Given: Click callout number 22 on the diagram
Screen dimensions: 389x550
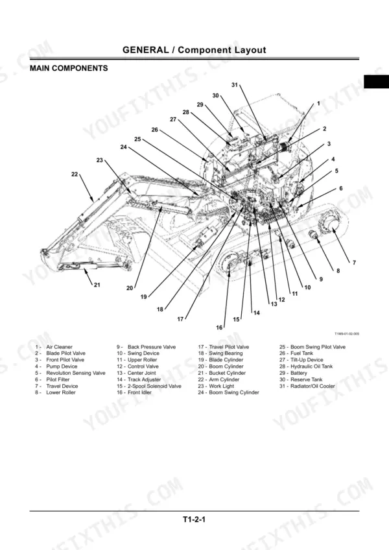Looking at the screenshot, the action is (x=75, y=174).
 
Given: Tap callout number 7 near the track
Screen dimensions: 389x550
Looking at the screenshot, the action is (x=354, y=263).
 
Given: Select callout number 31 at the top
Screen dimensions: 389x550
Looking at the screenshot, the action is (x=235, y=84).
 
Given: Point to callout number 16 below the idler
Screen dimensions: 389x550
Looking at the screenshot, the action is (x=219, y=328).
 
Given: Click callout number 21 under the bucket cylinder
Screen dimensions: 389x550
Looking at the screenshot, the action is (x=97, y=285).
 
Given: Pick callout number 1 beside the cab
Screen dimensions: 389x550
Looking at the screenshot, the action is (x=318, y=104).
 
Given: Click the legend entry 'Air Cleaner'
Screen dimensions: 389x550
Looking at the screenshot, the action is (x=59, y=347).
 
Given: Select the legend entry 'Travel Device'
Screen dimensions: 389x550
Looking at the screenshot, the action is (x=62, y=386).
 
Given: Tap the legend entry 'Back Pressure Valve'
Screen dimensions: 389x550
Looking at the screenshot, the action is (x=152, y=347).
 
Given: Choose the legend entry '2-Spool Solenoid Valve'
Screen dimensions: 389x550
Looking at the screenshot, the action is (x=154, y=386).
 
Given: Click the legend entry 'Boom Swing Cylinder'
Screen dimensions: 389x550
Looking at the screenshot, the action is (x=234, y=392).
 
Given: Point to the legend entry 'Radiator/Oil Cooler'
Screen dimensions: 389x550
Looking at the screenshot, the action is (x=312, y=386).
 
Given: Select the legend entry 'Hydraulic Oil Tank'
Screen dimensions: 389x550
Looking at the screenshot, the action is (x=311, y=366).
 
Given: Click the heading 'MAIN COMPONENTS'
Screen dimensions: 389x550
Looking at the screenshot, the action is (x=69, y=68).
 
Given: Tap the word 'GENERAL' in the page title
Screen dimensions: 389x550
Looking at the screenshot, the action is (x=146, y=50).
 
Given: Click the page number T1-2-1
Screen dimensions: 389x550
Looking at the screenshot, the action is (x=194, y=519).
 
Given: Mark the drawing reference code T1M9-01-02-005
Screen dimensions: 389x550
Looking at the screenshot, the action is (x=347, y=334).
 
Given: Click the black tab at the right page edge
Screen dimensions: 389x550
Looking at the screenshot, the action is (x=377, y=81).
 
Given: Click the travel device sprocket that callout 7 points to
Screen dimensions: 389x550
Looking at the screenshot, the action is (x=331, y=228).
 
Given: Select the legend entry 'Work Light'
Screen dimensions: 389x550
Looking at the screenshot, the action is (x=221, y=386).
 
